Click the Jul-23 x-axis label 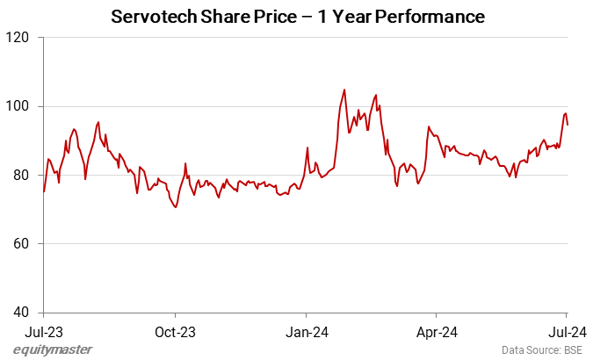[44, 331]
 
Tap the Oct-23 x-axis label [175, 331]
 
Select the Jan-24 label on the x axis [307, 331]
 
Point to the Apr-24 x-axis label [436, 331]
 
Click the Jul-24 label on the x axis [567, 331]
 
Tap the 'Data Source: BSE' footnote [540, 349]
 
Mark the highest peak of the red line [344, 89]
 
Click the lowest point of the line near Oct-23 [176, 207]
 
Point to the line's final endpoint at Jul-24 [568, 125]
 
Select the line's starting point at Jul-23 [44, 191]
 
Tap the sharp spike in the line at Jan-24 [307, 148]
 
